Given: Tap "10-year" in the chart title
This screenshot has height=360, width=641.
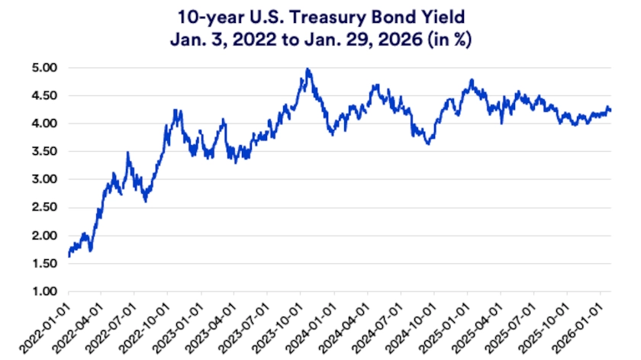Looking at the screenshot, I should click(x=208, y=17).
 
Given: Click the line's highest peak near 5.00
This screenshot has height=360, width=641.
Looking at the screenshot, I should click(x=307, y=69).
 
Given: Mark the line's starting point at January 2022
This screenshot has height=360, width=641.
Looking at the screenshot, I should click(x=69, y=256).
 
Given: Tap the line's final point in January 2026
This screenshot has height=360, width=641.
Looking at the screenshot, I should click(x=610, y=111).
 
